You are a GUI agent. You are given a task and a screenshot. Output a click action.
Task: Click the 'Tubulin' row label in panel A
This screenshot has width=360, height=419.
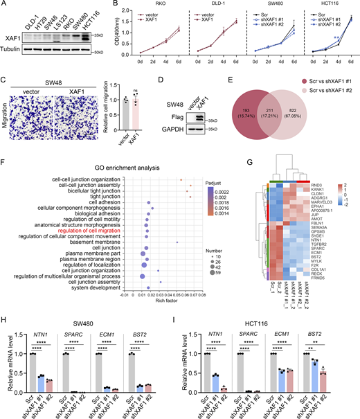(x=13, y=48)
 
